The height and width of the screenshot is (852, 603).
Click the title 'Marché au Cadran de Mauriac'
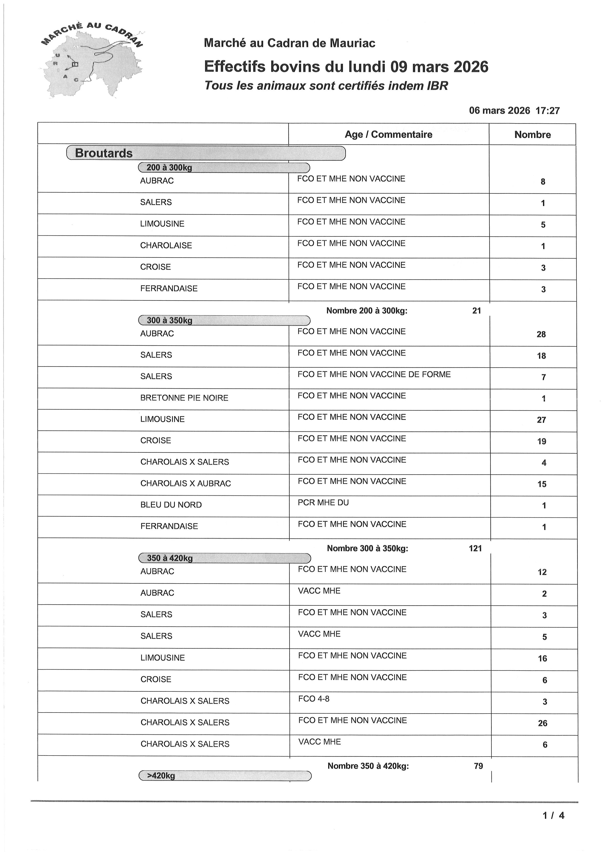point(289,43)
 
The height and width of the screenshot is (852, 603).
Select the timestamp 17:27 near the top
point(547,111)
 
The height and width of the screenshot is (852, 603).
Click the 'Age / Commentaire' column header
point(388,134)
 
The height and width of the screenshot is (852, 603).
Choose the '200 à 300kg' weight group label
point(169,167)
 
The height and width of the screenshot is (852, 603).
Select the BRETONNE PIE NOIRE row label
point(184,398)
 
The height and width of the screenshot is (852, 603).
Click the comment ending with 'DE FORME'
point(374,374)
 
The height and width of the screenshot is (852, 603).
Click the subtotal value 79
point(478,766)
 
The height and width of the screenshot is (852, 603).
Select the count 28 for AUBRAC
point(541,334)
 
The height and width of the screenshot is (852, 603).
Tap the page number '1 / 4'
point(553,815)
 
